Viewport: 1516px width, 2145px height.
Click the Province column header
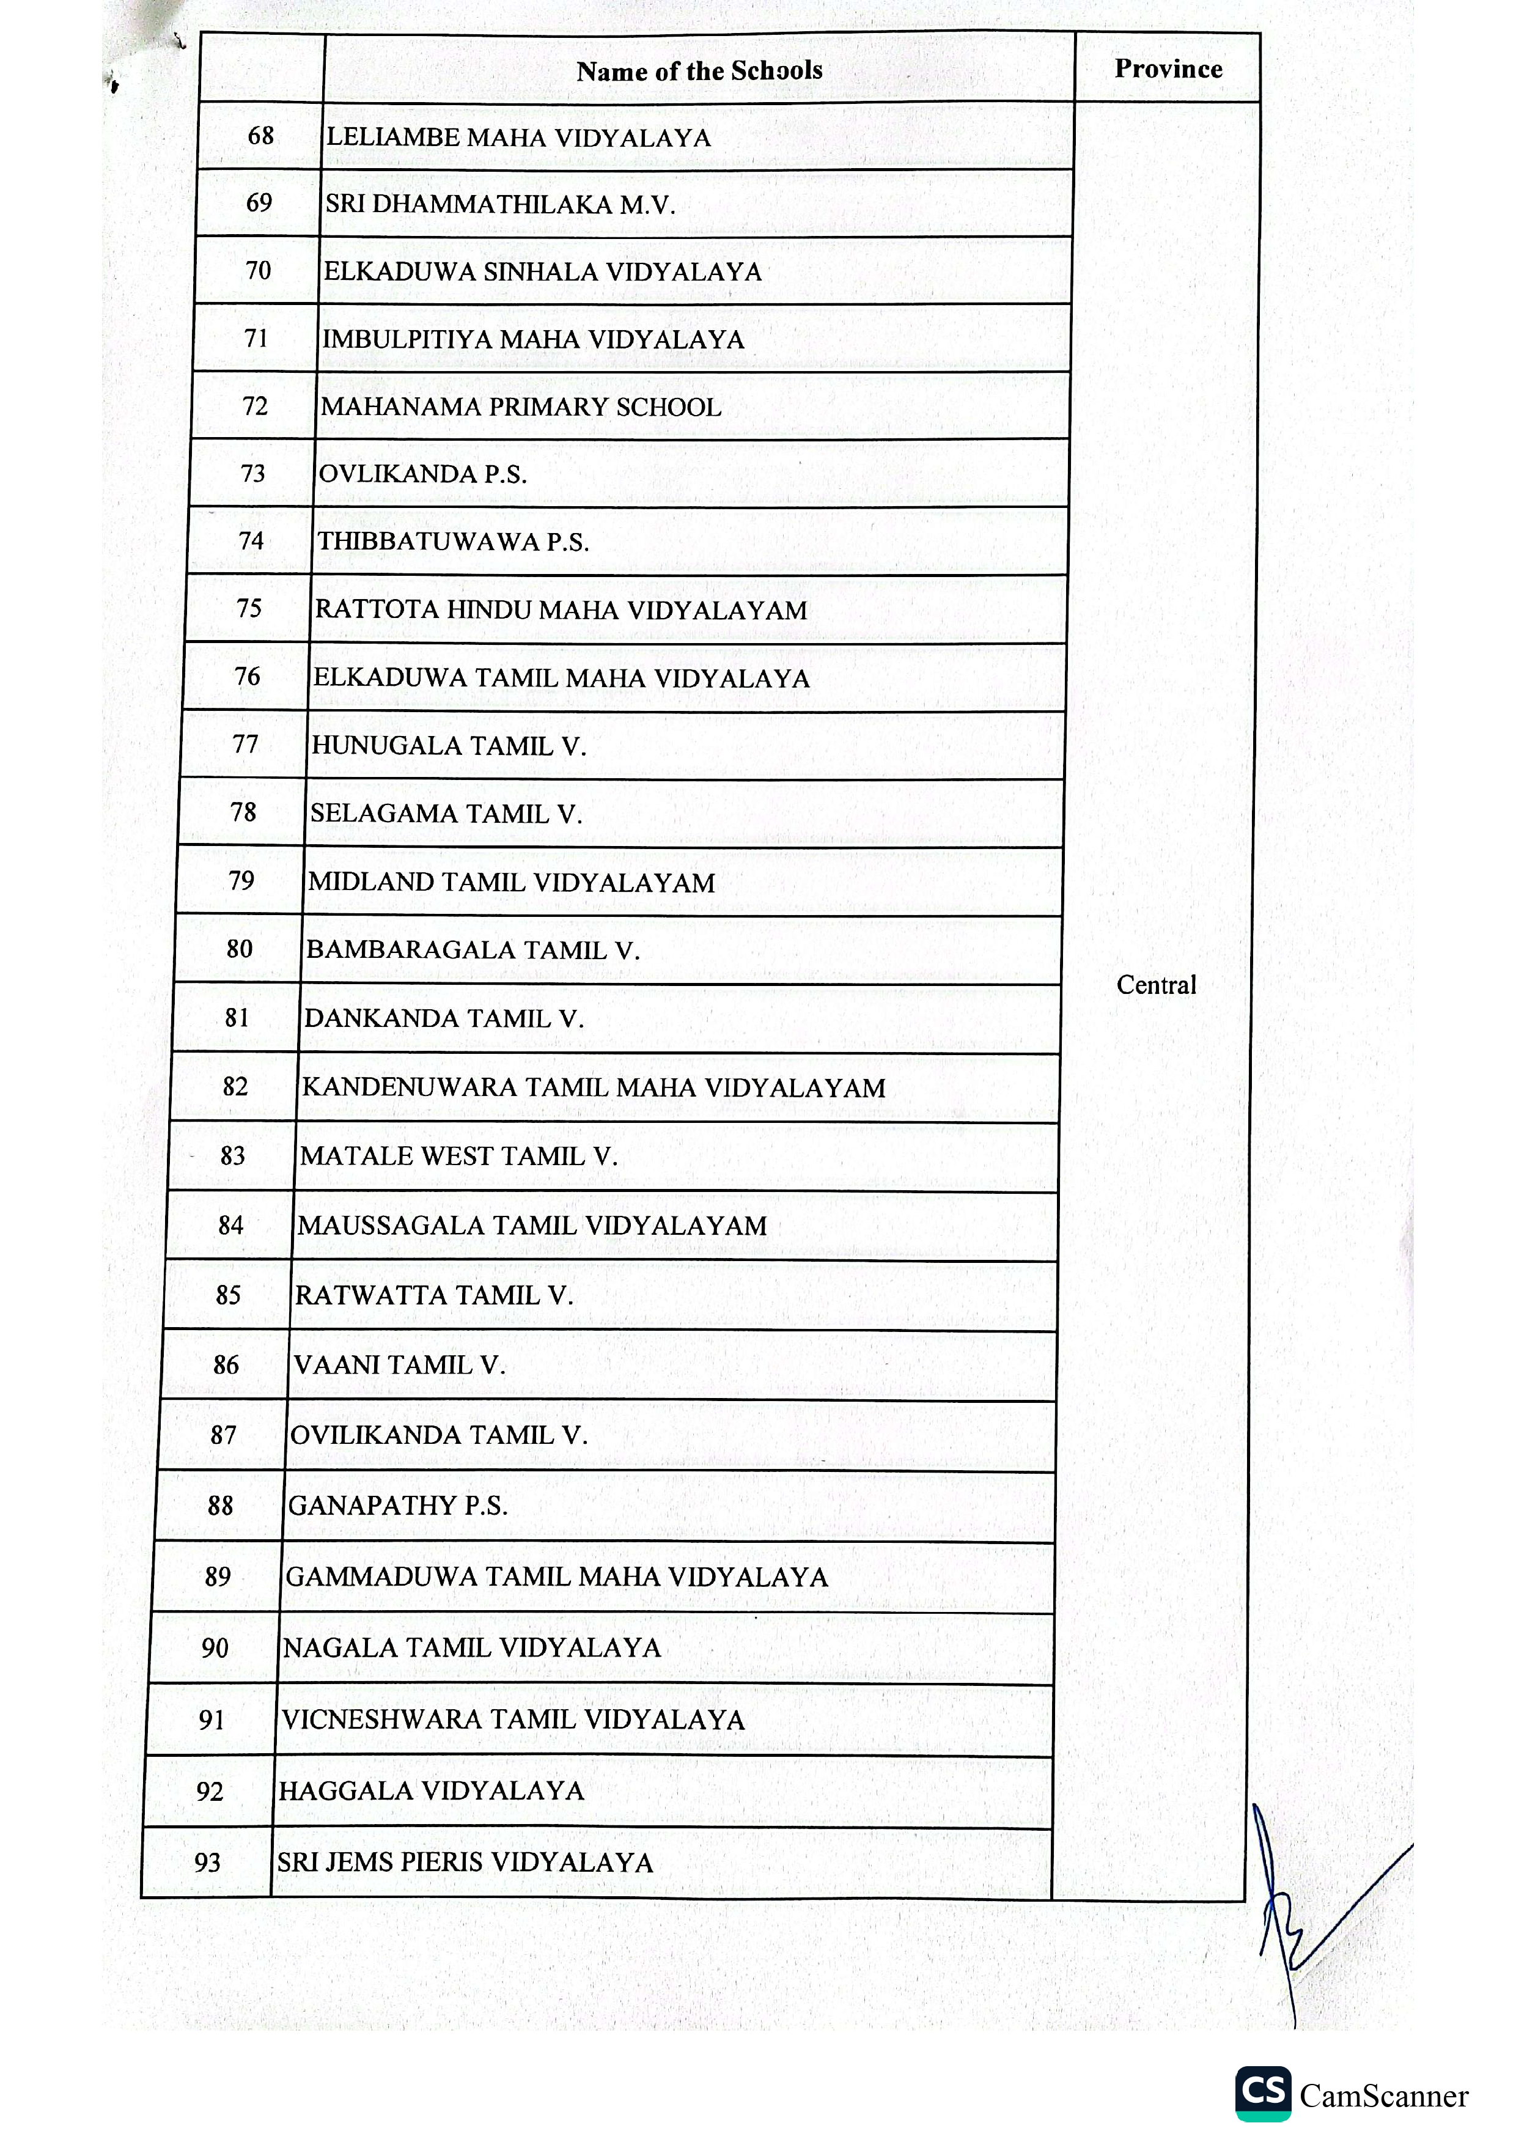[1168, 68]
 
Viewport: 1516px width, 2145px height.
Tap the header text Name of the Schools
[699, 71]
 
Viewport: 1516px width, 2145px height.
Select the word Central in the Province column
[1155, 985]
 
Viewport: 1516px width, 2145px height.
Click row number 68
[260, 136]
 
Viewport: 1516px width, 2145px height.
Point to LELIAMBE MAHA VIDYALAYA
[518, 138]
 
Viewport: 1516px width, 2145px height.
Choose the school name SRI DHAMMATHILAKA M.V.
[499, 205]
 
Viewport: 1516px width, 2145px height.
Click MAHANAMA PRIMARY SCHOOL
[521, 407]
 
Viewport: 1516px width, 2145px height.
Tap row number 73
[253, 474]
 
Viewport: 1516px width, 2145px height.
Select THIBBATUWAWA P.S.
[453, 542]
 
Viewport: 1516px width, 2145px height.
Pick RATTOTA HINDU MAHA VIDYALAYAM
[561, 610]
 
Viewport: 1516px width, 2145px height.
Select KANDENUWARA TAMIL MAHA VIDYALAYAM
[593, 1087]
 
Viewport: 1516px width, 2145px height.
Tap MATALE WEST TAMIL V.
[458, 1157]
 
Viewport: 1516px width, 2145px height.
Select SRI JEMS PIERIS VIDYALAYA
[464, 1863]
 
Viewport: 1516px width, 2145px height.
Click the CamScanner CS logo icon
[1263, 2094]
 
